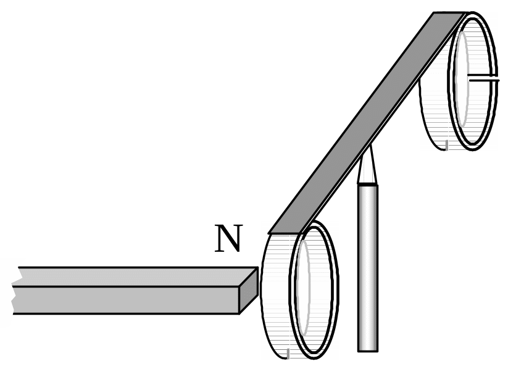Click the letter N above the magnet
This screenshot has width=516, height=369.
point(228,239)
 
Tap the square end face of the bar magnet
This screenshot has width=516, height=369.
point(248,290)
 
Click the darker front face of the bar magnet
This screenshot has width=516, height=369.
point(123,300)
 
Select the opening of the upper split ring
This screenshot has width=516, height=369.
point(472,80)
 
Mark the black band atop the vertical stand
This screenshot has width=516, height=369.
point(368,184)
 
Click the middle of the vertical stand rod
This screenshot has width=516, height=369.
point(368,265)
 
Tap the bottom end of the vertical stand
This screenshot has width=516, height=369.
point(368,349)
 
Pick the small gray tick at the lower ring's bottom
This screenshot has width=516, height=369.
point(288,354)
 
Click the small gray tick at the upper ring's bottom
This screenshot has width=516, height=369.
point(446,145)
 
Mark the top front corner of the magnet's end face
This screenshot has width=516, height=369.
point(239,287)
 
